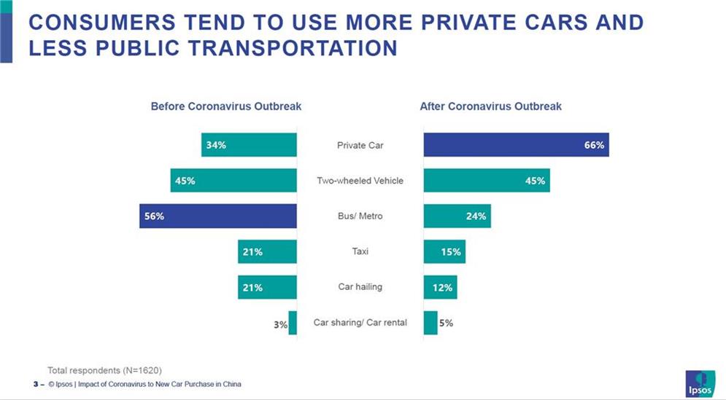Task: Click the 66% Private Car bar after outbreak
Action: (x=516, y=145)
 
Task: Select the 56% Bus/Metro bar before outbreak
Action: (x=218, y=216)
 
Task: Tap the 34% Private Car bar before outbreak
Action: (x=249, y=145)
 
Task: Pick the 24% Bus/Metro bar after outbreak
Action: (x=456, y=216)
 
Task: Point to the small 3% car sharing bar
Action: (x=293, y=323)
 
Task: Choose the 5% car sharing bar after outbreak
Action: (x=430, y=323)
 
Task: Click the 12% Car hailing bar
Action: (x=440, y=287)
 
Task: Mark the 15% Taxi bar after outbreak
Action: (x=444, y=251)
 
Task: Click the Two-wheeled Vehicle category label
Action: (x=360, y=181)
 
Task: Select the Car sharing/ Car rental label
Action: (x=360, y=323)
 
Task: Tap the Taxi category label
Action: (x=360, y=251)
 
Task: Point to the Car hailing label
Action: (x=360, y=287)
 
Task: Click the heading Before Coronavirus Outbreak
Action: (x=225, y=106)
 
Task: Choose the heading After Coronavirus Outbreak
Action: (x=490, y=106)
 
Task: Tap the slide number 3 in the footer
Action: (x=34, y=384)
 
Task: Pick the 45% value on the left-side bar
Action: (x=185, y=181)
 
